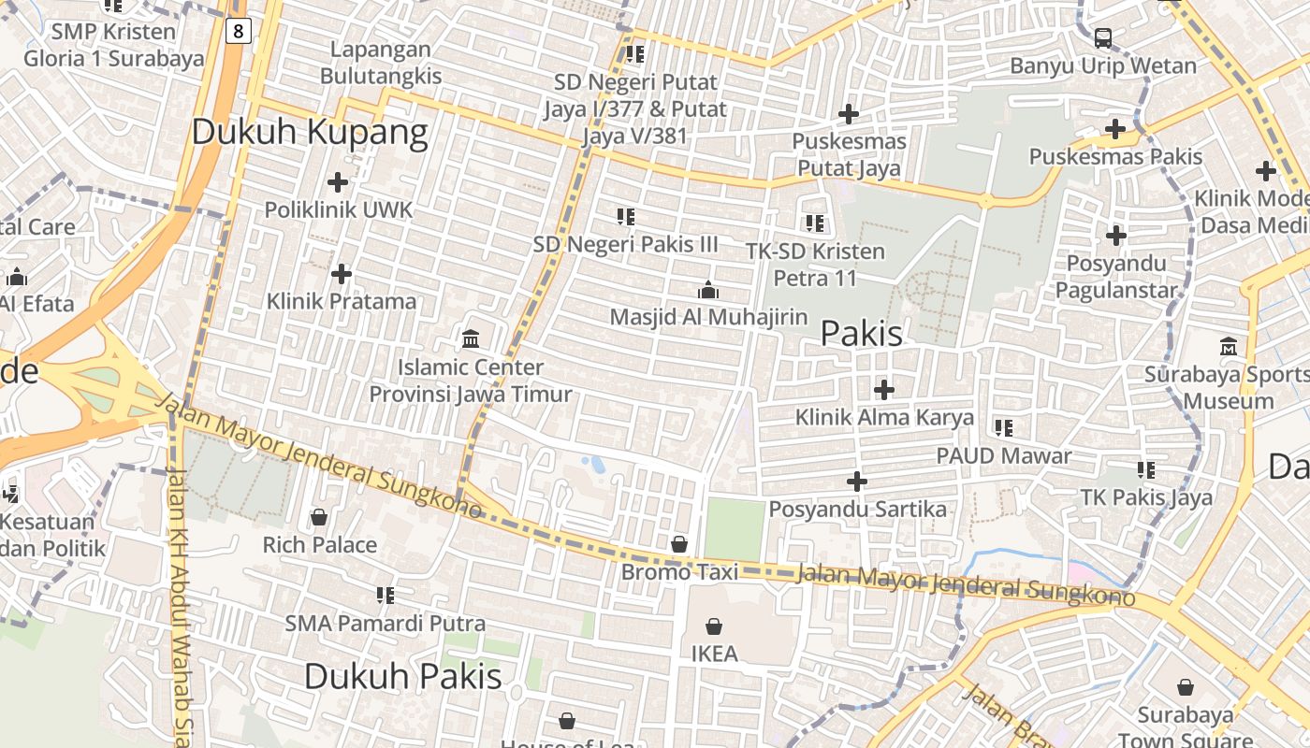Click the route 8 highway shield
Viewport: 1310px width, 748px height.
[239, 32]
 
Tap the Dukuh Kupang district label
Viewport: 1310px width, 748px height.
[310, 133]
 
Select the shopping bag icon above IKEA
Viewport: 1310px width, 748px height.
[714, 626]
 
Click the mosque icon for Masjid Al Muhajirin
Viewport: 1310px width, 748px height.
[708, 290]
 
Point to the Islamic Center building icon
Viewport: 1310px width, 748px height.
[471, 338]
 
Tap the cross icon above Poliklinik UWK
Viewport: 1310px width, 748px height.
[338, 182]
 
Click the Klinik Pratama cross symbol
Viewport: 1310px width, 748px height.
[342, 274]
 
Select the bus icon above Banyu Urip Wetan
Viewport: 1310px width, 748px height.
[1103, 38]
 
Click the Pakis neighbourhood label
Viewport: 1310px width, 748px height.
[861, 334]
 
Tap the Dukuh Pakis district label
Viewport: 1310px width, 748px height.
[402, 676]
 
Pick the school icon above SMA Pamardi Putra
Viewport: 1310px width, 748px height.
[385, 595]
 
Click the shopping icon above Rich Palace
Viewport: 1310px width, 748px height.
[319, 517]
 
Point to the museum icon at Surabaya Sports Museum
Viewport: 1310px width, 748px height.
[1228, 346]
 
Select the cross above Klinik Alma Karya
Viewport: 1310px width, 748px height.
[883, 389]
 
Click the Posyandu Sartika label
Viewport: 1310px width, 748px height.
[857, 510]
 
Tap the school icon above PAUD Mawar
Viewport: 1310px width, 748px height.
[1003, 428]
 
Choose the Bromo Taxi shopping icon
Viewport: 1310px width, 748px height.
[679, 543]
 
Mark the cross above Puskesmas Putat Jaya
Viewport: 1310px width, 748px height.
[849, 114]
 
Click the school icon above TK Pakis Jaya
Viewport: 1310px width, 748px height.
[1146, 469]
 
